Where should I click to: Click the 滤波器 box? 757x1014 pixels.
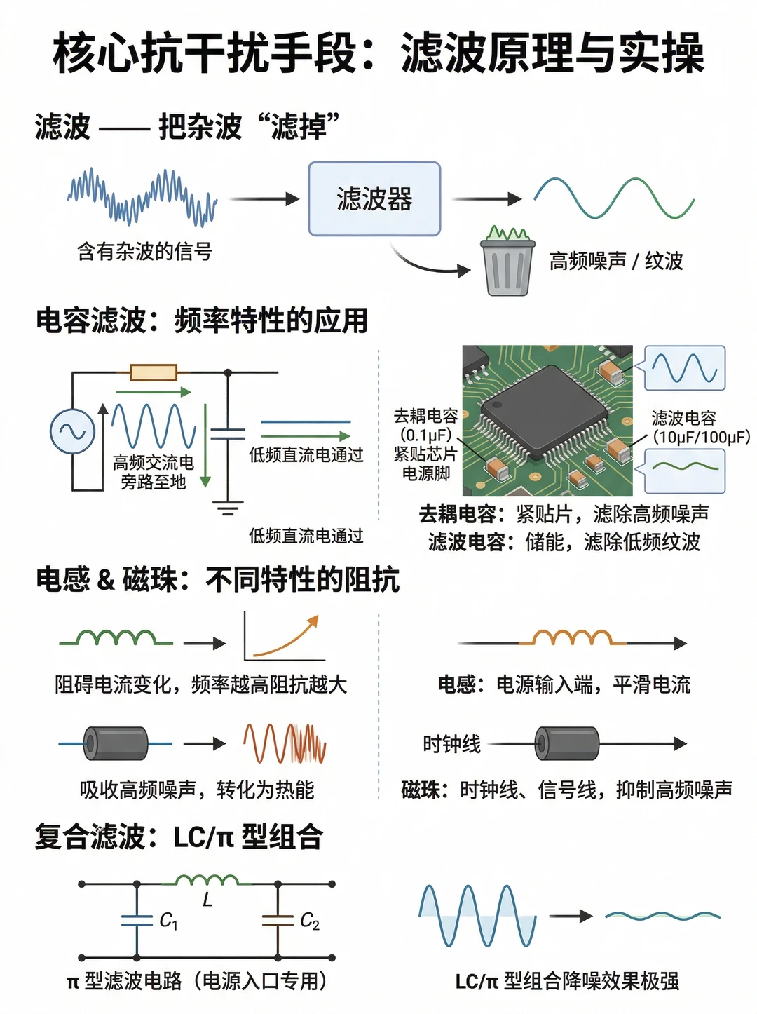coord(374,198)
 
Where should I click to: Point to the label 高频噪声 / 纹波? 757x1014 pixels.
coord(615,261)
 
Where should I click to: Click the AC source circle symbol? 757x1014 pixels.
coord(72,431)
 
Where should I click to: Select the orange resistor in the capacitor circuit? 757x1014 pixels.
coord(154,372)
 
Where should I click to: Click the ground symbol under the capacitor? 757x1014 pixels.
coord(228,508)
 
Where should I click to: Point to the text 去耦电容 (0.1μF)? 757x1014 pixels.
coord(425,426)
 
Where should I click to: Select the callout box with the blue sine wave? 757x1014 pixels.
coord(684,367)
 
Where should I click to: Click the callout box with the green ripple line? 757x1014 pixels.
coord(684,471)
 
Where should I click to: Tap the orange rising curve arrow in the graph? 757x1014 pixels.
coord(286,635)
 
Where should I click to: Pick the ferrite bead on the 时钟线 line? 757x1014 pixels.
coord(567,743)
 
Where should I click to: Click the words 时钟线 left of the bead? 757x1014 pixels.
coord(451,744)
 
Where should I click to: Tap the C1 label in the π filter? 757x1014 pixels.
coord(168,921)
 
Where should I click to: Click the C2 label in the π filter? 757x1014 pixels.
coord(309,921)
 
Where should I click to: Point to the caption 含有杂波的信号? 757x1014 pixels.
coord(144,252)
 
